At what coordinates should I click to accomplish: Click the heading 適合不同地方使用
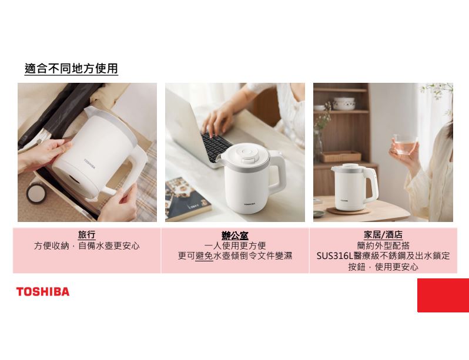click(71, 69)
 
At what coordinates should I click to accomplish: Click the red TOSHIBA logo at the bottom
click(43, 292)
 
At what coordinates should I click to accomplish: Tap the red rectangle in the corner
click(443, 295)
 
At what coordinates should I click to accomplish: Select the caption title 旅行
click(87, 235)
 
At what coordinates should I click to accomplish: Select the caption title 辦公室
click(235, 235)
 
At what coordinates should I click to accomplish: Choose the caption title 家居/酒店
click(383, 235)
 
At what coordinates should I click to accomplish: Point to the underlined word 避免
click(205, 256)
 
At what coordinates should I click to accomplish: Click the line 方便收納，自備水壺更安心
click(87, 246)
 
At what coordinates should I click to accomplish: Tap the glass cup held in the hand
click(405, 144)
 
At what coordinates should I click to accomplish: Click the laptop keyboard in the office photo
click(216, 146)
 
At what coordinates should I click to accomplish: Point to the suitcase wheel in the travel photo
click(36, 193)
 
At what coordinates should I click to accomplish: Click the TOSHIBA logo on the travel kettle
click(90, 164)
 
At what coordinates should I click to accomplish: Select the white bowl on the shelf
click(344, 103)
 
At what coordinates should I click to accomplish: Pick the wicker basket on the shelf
click(341, 156)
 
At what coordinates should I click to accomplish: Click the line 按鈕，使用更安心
click(383, 267)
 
